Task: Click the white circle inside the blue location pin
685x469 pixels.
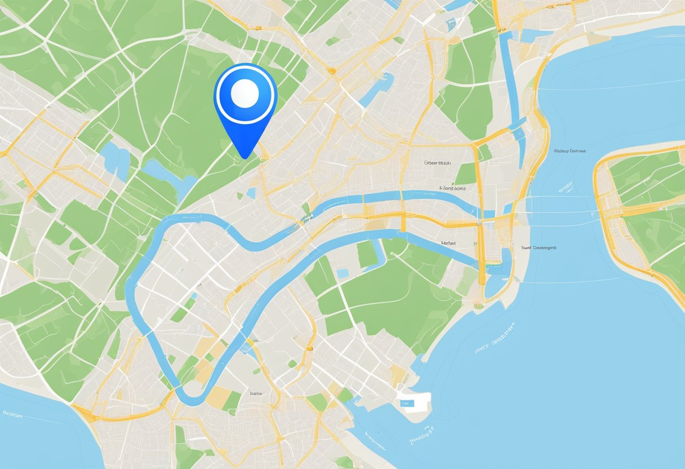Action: click(244, 93)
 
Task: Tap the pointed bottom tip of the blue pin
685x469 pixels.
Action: click(245, 157)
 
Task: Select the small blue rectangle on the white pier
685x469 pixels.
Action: click(406, 404)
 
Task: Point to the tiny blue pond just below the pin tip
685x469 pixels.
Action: click(251, 193)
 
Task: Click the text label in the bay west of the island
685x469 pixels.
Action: click(570, 151)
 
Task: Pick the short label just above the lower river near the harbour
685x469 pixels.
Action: click(448, 243)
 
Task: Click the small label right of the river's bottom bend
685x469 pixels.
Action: click(256, 393)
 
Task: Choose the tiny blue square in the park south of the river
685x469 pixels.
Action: click(342, 273)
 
